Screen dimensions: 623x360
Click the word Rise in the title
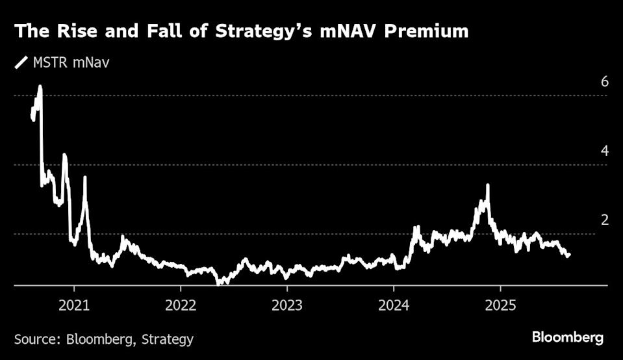[x=77, y=31]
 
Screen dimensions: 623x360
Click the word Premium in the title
[x=426, y=31]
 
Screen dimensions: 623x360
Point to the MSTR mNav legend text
[x=71, y=63]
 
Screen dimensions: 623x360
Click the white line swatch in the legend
[x=21, y=63]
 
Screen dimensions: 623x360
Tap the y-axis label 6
[x=605, y=81]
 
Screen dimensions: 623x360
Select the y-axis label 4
[x=605, y=151]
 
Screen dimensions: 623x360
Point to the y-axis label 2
[x=605, y=220]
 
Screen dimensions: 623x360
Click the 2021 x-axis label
[x=74, y=305]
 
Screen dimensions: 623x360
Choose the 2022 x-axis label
[x=181, y=305]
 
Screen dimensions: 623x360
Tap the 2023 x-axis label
[x=287, y=305]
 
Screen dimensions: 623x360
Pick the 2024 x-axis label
[x=394, y=305]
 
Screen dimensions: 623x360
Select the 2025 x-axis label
[x=501, y=305]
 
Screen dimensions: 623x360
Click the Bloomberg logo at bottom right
[x=568, y=338]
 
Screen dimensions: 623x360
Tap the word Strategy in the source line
[x=167, y=340]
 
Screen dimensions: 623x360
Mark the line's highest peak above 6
[x=40, y=86]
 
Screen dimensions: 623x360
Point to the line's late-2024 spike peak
[x=487, y=185]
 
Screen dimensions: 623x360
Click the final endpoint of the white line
[x=569, y=254]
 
